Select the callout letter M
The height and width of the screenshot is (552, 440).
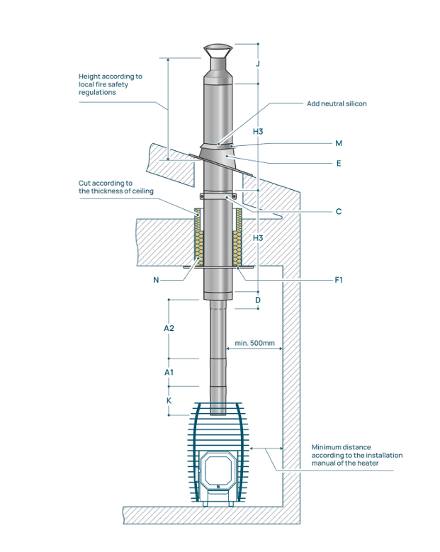tap(339, 143)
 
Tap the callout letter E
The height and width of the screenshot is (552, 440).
tap(339, 164)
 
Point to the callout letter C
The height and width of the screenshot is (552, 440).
tap(339, 211)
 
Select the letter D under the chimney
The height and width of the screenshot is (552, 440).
tap(259, 300)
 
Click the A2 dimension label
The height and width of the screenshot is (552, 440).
tap(169, 329)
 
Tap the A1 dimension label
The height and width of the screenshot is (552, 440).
tap(169, 372)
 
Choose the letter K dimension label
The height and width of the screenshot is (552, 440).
tap(169, 400)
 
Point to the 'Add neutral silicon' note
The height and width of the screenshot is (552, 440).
tap(337, 103)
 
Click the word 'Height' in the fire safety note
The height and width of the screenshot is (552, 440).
tap(89, 76)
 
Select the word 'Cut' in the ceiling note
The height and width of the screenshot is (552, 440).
tap(85, 183)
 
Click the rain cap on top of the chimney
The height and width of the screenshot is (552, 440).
tap(217, 52)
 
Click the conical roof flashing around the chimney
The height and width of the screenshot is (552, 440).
tap(218, 153)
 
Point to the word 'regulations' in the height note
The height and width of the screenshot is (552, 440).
tap(97, 93)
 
